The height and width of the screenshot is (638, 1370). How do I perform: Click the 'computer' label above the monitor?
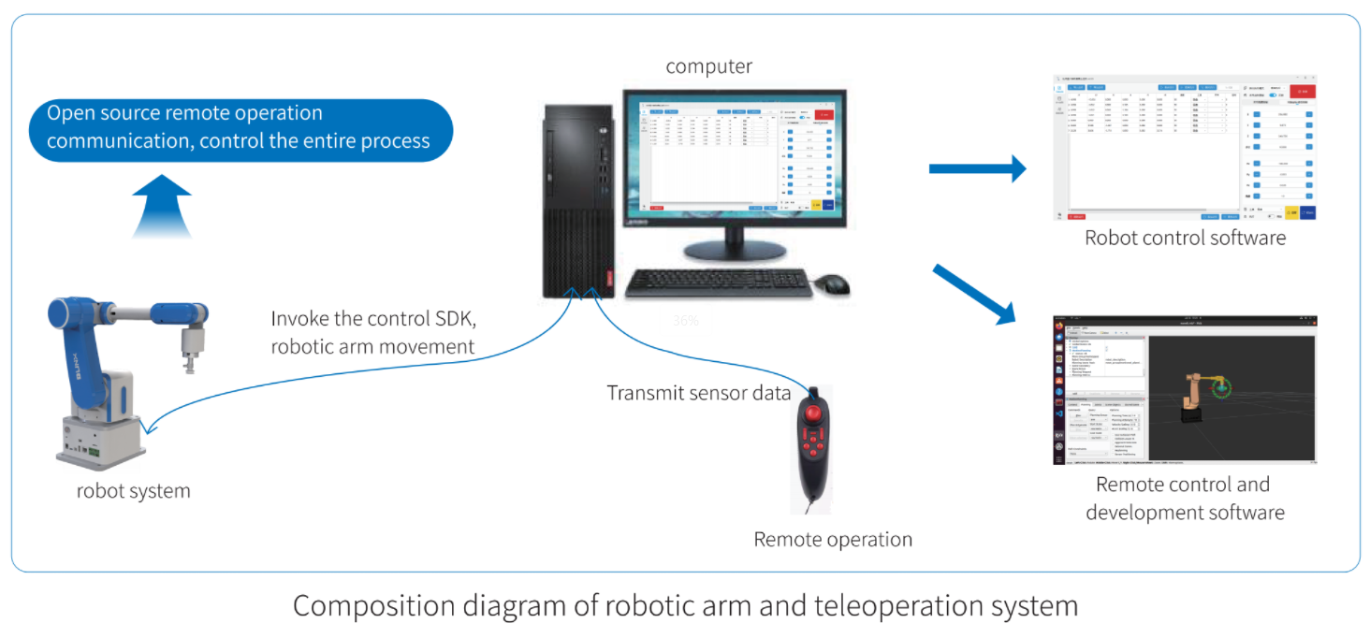[708, 66]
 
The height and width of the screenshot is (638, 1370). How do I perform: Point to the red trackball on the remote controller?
[811, 411]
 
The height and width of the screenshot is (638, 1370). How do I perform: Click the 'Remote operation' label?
[833, 540]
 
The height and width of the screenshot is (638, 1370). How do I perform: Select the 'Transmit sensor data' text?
[699, 393]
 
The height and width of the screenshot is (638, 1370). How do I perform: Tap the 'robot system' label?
[133, 490]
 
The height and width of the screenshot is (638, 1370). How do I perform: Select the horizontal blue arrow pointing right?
[977, 168]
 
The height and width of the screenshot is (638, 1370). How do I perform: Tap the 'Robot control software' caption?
[1185, 238]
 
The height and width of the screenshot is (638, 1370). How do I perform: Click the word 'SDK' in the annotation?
[453, 318]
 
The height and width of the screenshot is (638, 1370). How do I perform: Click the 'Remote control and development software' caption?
[1184, 499]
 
